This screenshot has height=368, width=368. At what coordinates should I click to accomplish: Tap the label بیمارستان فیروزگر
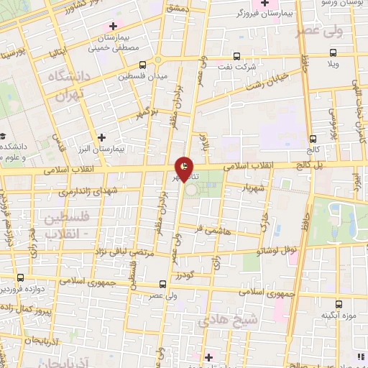(x=266, y=14)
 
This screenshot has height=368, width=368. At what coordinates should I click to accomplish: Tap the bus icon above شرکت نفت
(x=236, y=56)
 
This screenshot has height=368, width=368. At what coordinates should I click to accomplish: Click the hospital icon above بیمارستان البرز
(x=101, y=137)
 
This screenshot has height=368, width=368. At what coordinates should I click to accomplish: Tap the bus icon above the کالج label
(x=312, y=139)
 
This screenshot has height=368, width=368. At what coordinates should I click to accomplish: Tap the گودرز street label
(x=201, y=275)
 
